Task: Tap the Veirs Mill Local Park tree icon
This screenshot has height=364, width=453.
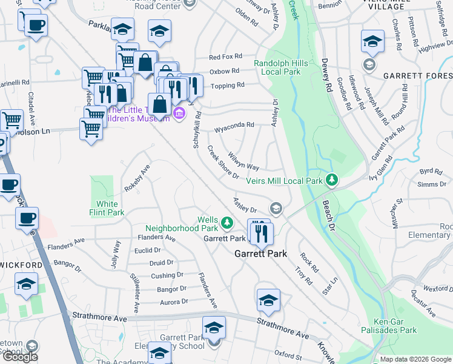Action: [331, 180]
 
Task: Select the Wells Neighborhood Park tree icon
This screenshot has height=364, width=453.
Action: [226, 223]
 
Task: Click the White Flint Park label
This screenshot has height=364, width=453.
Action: [107, 208]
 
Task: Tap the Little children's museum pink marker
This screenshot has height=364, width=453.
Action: [179, 113]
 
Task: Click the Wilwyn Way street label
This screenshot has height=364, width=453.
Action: [244, 162]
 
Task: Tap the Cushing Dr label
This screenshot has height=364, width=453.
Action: [163, 275]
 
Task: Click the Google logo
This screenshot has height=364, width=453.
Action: [20, 357]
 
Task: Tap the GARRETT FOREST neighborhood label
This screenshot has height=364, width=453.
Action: [417, 76]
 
